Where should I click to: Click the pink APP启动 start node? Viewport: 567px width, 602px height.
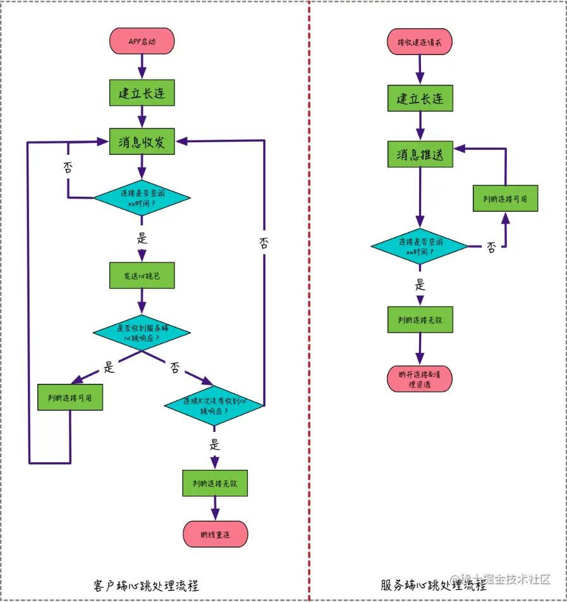click(142, 40)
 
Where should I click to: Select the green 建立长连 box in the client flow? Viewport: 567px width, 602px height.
click(142, 94)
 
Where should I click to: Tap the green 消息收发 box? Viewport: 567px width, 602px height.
click(142, 142)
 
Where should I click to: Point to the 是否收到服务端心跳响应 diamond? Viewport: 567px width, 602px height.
click(142, 333)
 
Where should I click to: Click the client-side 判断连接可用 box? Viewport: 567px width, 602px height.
click(70, 397)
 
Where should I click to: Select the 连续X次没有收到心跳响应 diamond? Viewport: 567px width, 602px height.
click(214, 405)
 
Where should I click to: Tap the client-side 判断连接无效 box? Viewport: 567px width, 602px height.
click(214, 483)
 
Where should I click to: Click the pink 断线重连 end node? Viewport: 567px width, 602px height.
click(215, 534)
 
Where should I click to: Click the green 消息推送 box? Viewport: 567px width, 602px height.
click(420, 154)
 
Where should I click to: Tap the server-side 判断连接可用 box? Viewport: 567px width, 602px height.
click(505, 199)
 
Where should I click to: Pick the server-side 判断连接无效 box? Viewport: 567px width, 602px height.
click(420, 320)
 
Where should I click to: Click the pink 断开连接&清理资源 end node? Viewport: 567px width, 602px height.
click(419, 378)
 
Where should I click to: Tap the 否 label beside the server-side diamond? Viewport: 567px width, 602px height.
click(491, 248)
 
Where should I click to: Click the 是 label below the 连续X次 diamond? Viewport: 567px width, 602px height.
click(215, 445)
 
